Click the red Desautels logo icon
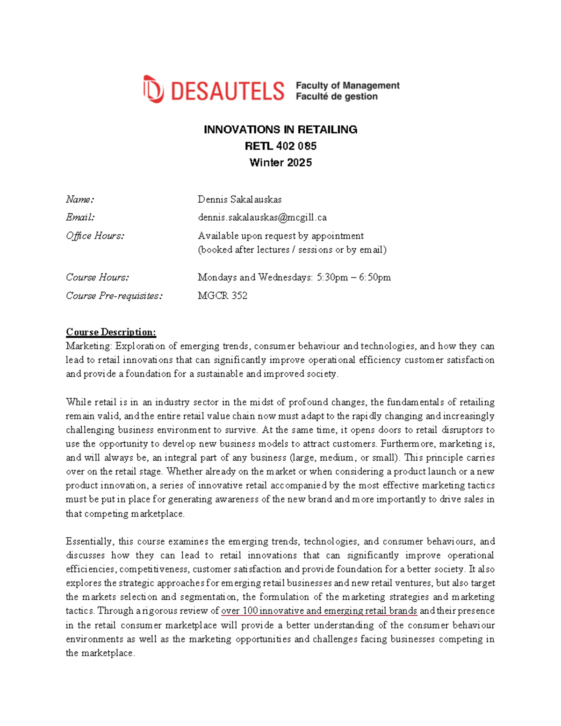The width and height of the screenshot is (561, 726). (x=153, y=89)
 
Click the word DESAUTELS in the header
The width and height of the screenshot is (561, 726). (x=227, y=91)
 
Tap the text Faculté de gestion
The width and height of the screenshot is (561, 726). (x=336, y=97)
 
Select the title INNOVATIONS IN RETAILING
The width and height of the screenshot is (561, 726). (x=280, y=129)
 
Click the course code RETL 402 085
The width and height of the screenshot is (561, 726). (x=280, y=146)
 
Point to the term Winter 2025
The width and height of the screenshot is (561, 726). (x=280, y=163)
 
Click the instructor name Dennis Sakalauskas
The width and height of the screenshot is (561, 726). (x=239, y=200)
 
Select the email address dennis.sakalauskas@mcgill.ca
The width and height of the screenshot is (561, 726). (x=262, y=217)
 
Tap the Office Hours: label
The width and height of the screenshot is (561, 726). (x=95, y=236)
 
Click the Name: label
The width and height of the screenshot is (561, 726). (x=80, y=200)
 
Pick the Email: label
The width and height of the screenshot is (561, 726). (x=80, y=217)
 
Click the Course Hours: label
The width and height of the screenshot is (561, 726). (x=97, y=277)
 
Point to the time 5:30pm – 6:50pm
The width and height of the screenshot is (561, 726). (x=353, y=277)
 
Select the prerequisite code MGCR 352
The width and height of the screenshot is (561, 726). (x=222, y=295)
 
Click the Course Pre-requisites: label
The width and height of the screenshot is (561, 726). (x=114, y=295)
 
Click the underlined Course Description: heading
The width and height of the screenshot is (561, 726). (x=111, y=332)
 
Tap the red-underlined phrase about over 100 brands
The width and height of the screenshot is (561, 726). (x=319, y=611)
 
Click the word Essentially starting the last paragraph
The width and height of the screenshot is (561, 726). (x=89, y=541)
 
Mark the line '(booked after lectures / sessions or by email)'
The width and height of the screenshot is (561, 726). (x=292, y=250)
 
